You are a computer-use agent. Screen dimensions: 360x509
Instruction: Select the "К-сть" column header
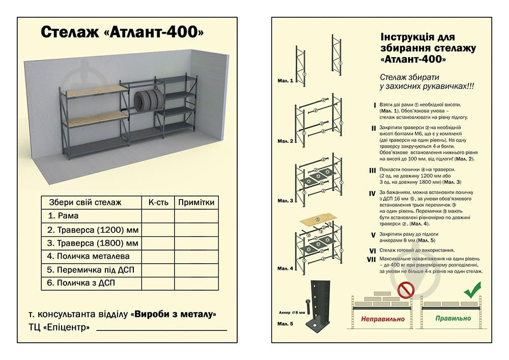(158, 202)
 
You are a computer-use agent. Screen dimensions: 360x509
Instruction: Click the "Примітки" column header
(196, 202)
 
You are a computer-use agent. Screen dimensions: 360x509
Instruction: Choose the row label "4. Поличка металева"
(88, 256)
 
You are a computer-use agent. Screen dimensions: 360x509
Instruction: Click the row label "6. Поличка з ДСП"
(84, 283)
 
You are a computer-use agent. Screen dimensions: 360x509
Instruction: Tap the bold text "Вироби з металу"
(174, 314)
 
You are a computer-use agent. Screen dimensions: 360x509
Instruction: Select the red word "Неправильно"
(383, 319)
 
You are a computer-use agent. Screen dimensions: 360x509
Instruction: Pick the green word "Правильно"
(453, 319)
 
